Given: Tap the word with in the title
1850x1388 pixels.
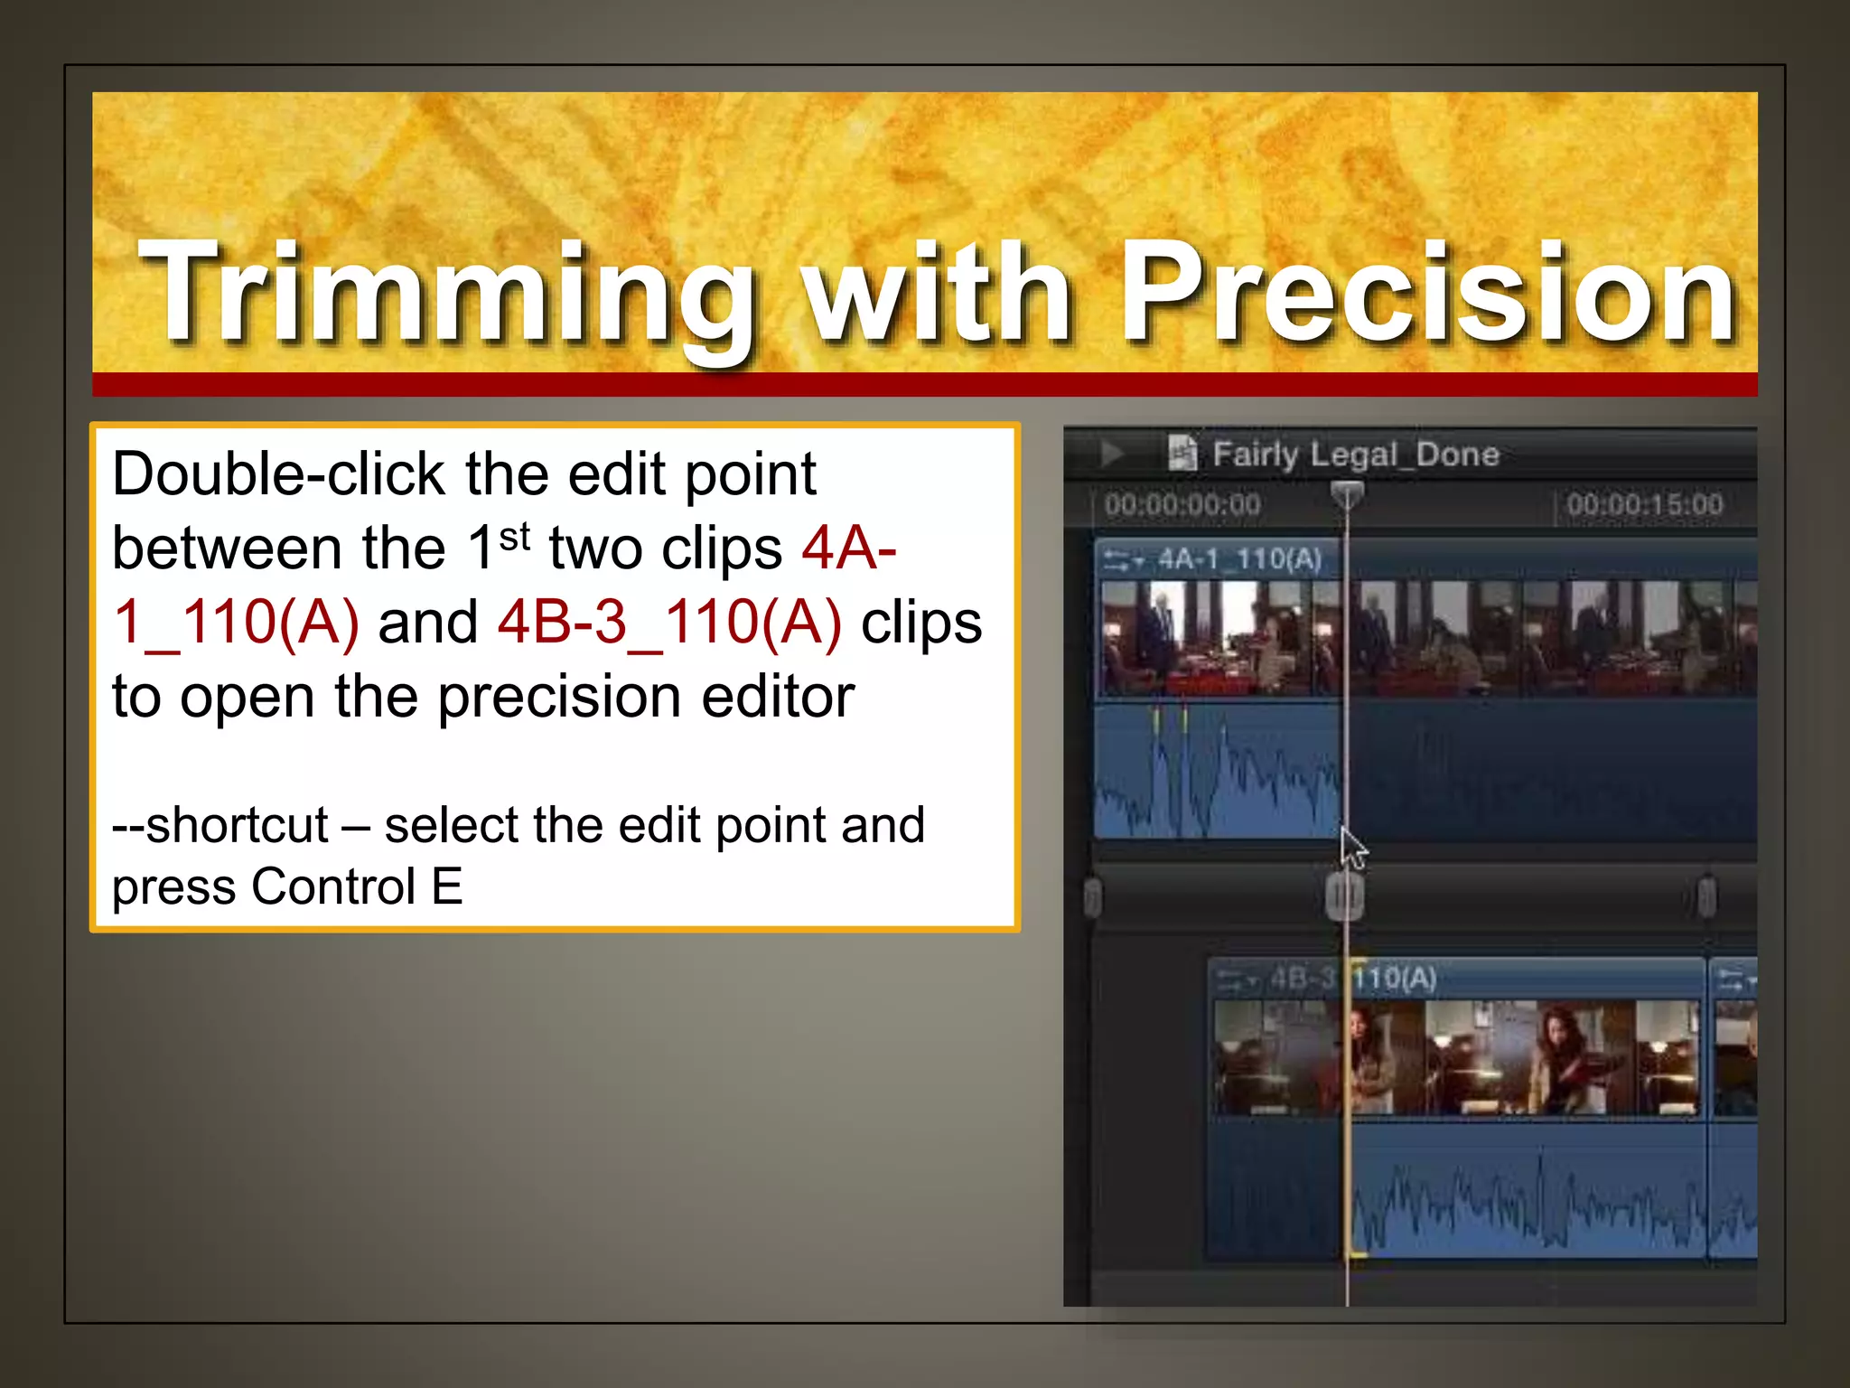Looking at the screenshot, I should point(939,294).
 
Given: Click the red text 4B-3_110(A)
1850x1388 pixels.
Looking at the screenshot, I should point(669,623).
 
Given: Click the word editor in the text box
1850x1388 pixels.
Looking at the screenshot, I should point(777,697).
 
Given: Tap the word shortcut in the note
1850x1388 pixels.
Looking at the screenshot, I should point(237,825).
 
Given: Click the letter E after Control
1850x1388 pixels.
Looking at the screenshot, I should point(446,886).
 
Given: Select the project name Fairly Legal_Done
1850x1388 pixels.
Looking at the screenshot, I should point(1355,454).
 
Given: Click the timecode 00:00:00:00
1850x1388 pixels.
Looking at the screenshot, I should point(1182,504).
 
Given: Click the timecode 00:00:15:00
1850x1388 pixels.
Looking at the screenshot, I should point(1644,504).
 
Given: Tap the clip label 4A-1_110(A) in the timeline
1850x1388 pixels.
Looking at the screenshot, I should point(1239,559).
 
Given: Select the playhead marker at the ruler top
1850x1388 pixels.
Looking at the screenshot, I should point(1347,494).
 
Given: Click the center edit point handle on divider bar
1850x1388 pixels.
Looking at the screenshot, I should point(1344,896).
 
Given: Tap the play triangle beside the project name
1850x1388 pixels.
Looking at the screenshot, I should point(1112,453).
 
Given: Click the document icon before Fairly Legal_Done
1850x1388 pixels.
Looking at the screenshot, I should point(1182,453).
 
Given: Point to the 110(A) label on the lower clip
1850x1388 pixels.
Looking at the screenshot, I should point(1395,978).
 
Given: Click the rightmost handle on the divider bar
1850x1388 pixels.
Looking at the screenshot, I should point(1706,896).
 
